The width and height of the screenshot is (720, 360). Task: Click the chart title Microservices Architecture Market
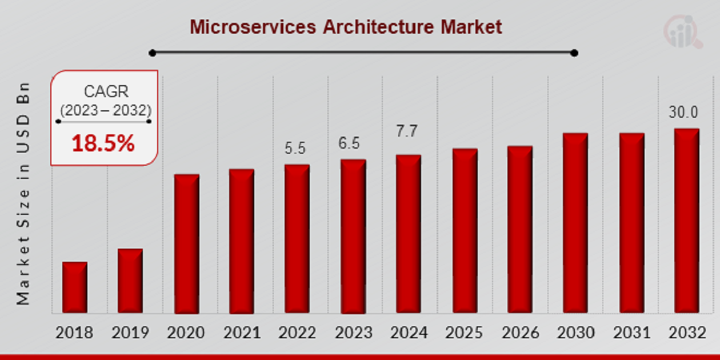coord(346,27)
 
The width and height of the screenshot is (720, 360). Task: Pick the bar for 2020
coord(186,244)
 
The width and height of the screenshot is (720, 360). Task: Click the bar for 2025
coord(465,231)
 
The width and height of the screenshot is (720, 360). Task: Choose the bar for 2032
coord(686,221)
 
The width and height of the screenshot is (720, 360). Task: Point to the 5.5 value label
coord(295,149)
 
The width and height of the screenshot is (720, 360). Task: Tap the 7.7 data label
coord(407,131)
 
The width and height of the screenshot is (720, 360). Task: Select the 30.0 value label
coord(684,113)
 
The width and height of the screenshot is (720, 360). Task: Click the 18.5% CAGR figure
coord(103,144)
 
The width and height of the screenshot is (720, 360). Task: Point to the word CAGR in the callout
coord(106,91)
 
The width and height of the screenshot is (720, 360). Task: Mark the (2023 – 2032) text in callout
coord(106,110)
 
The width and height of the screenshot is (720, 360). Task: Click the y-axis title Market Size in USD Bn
coord(23,193)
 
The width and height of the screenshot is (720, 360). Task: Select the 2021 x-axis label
coord(242,333)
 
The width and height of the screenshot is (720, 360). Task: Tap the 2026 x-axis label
coord(520,333)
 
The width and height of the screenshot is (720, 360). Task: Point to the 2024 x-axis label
coord(409,333)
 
